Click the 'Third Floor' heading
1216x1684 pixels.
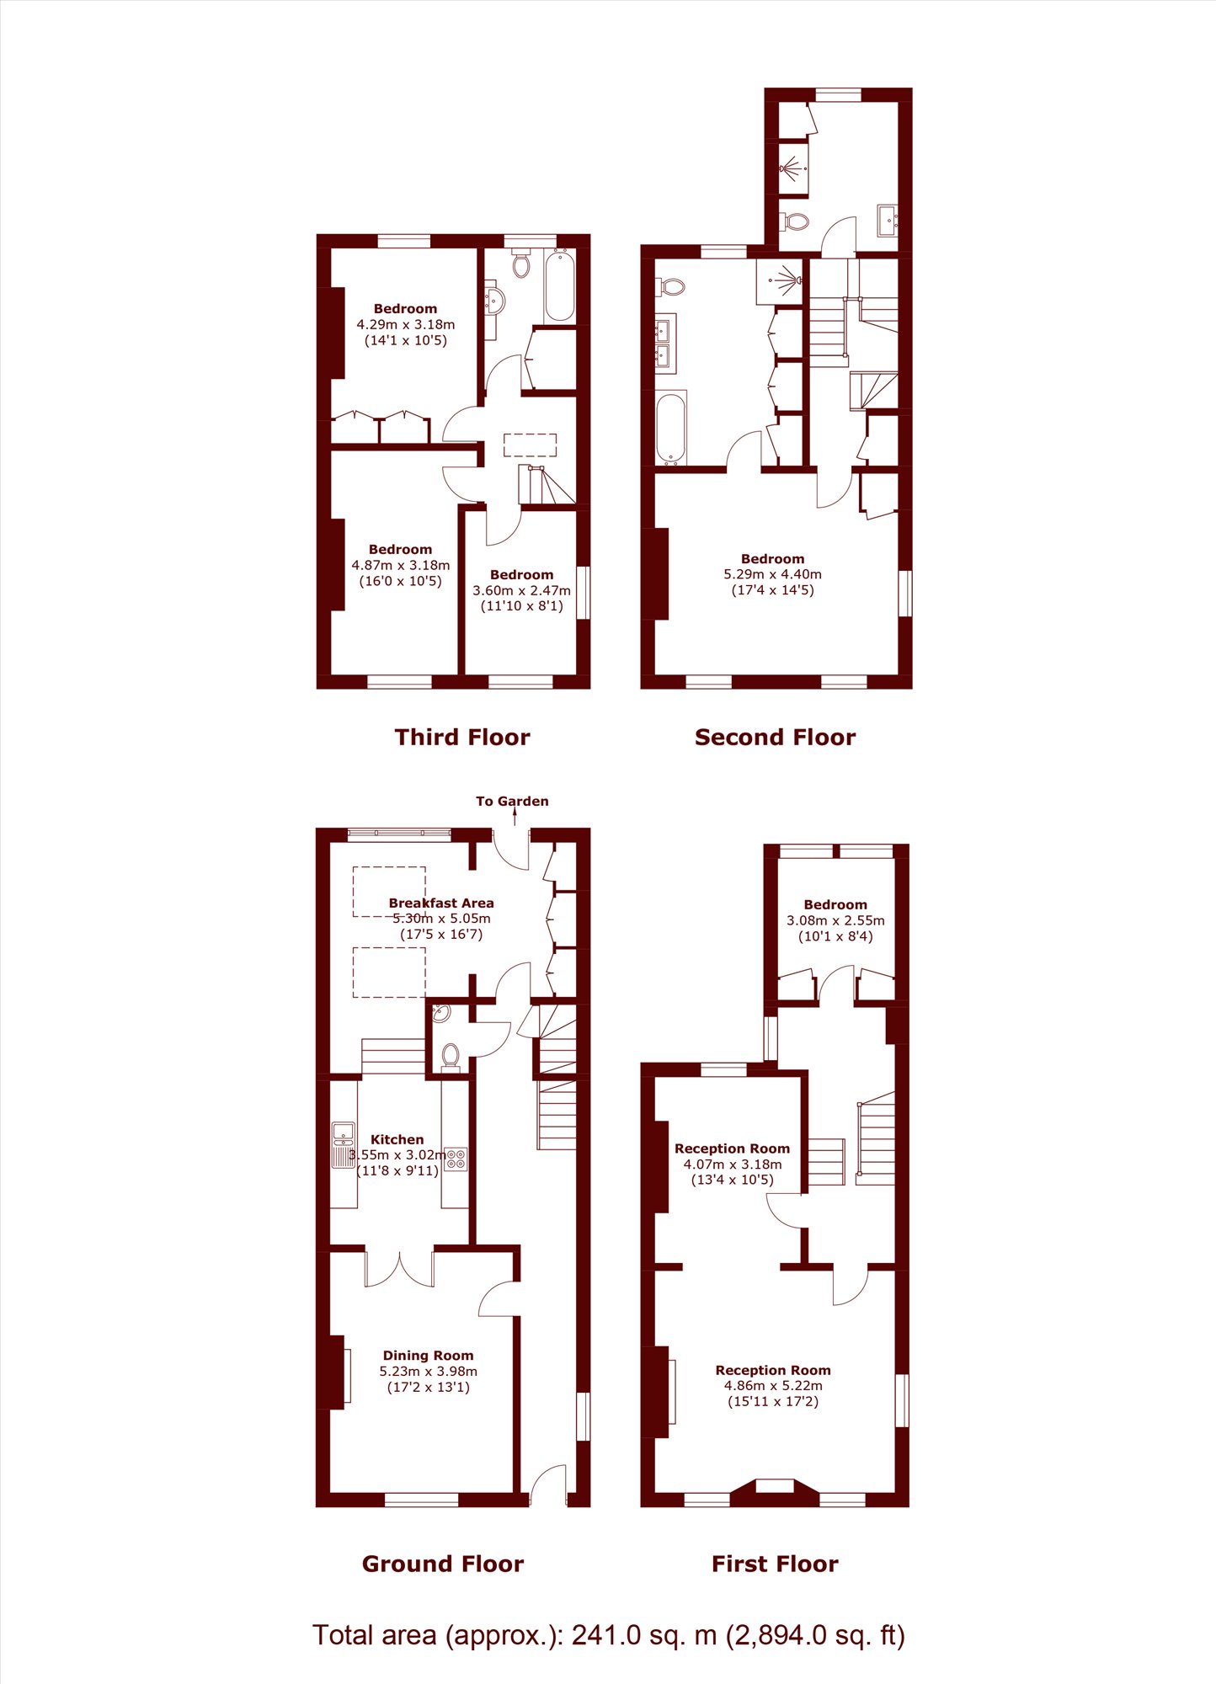[x=462, y=738]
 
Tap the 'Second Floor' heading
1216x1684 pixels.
[x=775, y=738]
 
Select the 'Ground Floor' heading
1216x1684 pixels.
[x=443, y=1564]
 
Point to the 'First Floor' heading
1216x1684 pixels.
[x=775, y=1564]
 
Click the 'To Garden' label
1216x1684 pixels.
[x=512, y=801]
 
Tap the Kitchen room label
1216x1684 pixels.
[x=397, y=1139]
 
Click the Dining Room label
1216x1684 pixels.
[x=428, y=1356]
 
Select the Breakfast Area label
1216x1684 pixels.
[x=441, y=903]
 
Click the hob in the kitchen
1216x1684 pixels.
[x=456, y=1159]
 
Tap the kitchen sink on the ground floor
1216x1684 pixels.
[x=343, y=1144]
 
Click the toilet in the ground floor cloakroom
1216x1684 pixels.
[x=451, y=1056]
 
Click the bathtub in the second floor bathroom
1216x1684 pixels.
[x=671, y=429]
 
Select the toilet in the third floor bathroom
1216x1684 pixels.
[x=521, y=263]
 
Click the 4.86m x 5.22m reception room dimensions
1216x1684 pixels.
[x=773, y=1385]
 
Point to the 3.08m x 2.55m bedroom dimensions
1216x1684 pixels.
[x=835, y=920]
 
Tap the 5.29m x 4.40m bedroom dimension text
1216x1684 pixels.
[x=773, y=574]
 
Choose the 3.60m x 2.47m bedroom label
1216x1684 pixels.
[x=522, y=590]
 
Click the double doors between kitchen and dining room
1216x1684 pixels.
[x=400, y=1269]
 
